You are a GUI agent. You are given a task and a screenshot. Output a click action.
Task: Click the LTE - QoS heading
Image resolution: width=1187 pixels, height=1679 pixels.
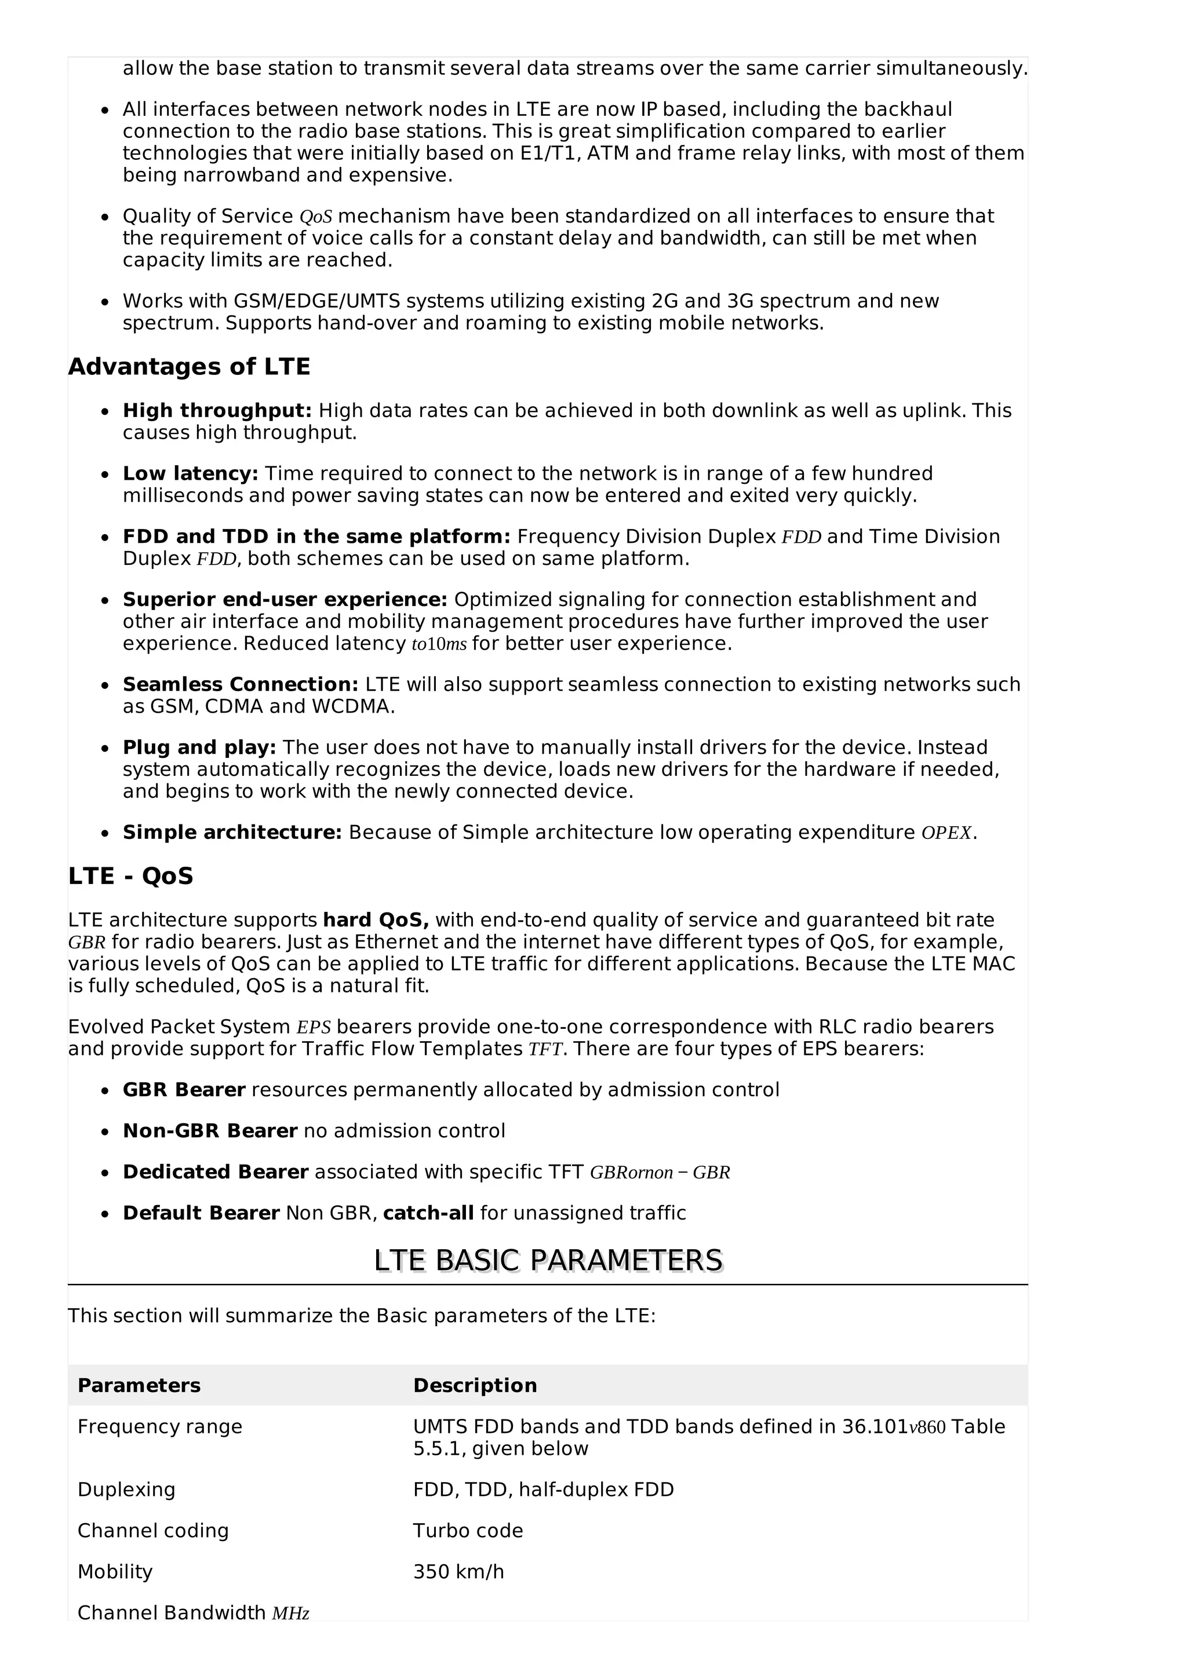[x=130, y=876]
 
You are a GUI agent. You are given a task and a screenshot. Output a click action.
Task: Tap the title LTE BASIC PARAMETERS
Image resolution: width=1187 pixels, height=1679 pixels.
[x=548, y=1261]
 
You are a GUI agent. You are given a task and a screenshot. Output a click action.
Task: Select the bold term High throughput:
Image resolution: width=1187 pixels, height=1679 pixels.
[x=217, y=410]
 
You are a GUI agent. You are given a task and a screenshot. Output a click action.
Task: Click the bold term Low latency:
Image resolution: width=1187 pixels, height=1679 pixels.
[x=190, y=473]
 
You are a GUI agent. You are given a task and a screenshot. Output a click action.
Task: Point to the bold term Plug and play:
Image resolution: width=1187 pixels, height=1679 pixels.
[x=199, y=747]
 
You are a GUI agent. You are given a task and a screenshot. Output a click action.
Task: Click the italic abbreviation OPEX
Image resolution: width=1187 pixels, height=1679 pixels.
[x=946, y=833]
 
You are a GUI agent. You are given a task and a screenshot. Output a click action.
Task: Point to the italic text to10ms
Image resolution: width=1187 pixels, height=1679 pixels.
[x=439, y=644]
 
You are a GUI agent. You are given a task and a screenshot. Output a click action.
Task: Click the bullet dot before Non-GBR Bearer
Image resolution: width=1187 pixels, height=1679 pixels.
[x=106, y=1132]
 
